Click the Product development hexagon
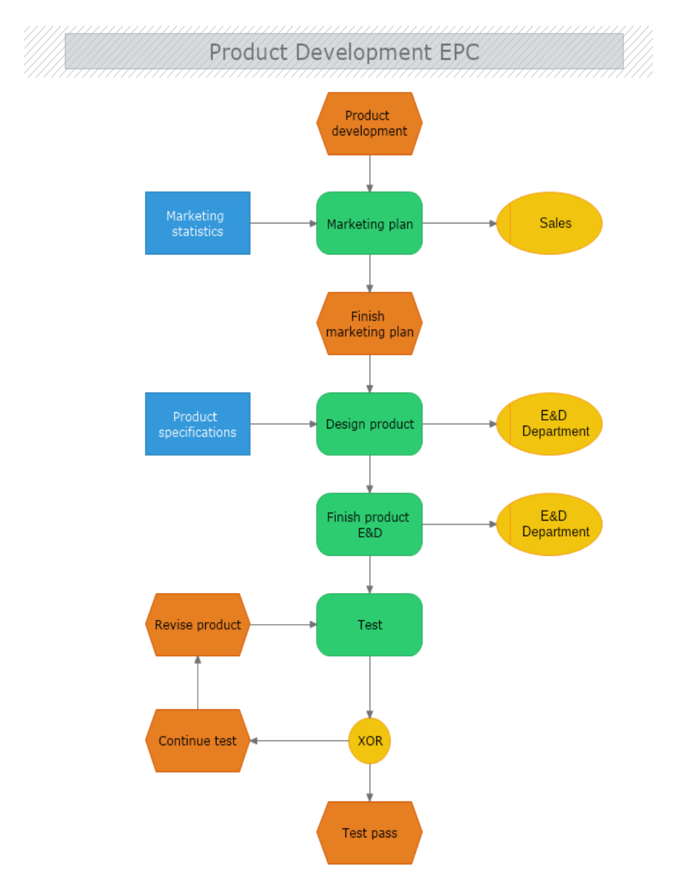(369, 124)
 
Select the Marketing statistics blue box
(198, 223)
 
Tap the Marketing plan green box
(369, 223)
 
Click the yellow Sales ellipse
(550, 223)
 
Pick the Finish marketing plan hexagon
(369, 324)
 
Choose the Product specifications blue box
(198, 424)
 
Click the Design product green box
(369, 424)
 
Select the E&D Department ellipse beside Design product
(550, 424)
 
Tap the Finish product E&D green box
(369, 525)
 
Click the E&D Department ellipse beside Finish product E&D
(550, 525)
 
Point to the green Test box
(369, 625)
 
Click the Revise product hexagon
(198, 625)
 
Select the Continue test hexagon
(198, 741)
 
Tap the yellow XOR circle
(370, 741)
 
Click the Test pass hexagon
(369, 833)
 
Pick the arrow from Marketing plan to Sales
(459, 223)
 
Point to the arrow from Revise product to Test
(283, 625)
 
